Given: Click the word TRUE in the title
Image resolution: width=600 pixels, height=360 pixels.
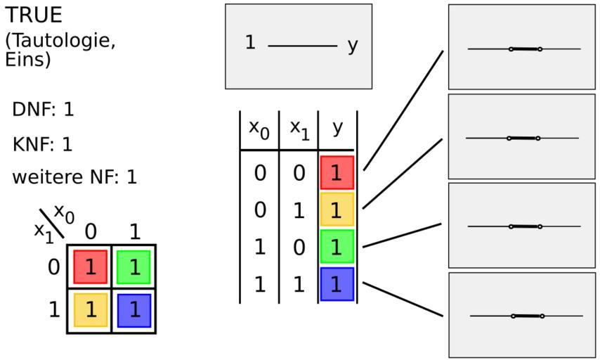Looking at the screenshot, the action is (x=34, y=15).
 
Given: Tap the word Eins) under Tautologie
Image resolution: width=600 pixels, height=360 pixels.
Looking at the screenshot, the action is (x=27, y=59).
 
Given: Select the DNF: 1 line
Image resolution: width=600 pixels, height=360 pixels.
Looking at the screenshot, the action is (x=43, y=110).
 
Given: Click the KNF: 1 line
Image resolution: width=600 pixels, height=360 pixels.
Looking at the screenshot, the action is (x=42, y=144).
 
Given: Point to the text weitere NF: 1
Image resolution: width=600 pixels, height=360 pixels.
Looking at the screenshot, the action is (x=74, y=177).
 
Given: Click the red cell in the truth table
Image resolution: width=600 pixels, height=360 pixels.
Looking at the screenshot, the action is (x=337, y=173).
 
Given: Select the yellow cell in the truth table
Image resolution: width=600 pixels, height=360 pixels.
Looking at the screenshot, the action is (x=337, y=210).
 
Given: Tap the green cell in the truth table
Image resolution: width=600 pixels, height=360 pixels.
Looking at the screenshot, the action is (x=337, y=247).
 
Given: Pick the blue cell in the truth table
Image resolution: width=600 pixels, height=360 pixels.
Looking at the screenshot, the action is (x=337, y=284).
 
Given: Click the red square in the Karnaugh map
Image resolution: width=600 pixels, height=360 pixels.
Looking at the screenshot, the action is (x=91, y=267).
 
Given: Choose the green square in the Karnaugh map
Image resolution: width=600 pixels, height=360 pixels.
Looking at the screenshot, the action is (x=133, y=267).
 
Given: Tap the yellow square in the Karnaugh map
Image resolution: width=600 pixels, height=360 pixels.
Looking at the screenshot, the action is (x=91, y=310).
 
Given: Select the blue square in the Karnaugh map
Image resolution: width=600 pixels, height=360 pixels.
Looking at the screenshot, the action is (x=134, y=310).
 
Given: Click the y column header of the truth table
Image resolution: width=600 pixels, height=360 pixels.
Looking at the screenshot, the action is (x=337, y=127).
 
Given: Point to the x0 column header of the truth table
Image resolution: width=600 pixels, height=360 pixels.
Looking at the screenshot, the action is (x=259, y=130).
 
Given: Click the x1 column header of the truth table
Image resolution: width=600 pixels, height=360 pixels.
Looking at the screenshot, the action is (x=299, y=130).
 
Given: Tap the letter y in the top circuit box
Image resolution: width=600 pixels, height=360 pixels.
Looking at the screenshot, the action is (x=353, y=46).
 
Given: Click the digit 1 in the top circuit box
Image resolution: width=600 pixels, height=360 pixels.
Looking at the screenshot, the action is (x=250, y=42).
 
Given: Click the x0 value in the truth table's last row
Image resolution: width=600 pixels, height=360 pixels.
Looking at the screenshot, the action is (x=260, y=285).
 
